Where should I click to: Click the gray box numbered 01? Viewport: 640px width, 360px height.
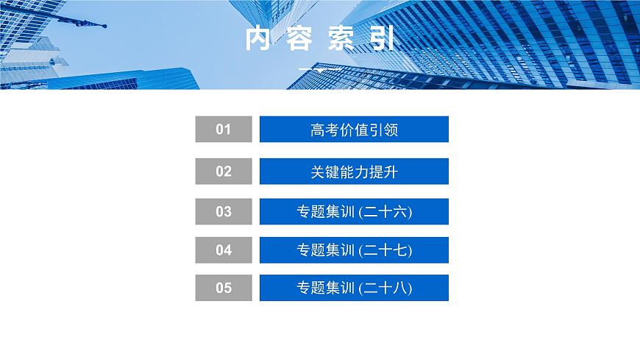point(224,130)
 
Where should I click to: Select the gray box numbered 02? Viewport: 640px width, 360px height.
point(224,172)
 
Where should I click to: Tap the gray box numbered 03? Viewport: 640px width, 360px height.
point(224,212)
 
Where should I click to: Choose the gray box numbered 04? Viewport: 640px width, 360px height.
point(224,250)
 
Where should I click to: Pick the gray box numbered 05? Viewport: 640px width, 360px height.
point(224,288)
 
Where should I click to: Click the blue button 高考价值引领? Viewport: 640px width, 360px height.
point(354,130)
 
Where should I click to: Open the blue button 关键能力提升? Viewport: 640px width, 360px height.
point(354,172)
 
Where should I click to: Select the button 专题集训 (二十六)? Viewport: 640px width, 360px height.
point(354,212)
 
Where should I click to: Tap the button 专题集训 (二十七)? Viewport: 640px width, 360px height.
point(354,250)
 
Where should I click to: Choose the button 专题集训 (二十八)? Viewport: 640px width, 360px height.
point(354,288)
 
